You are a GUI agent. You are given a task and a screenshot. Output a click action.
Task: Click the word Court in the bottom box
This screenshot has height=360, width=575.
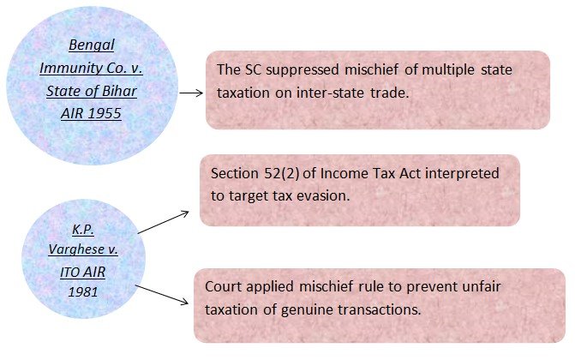pyautogui.click(x=225, y=287)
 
